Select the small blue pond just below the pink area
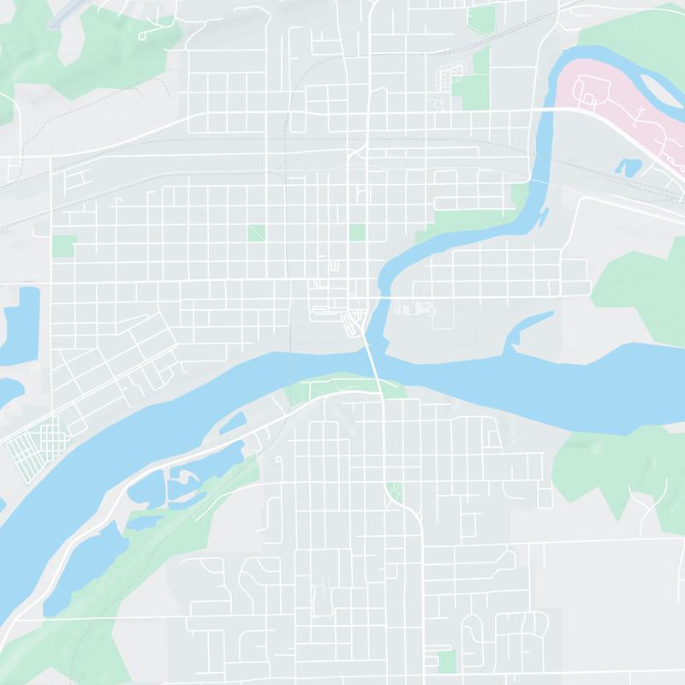[630, 165]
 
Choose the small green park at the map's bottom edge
[446, 660]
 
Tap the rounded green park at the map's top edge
[482, 17]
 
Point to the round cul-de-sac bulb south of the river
[279, 460]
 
